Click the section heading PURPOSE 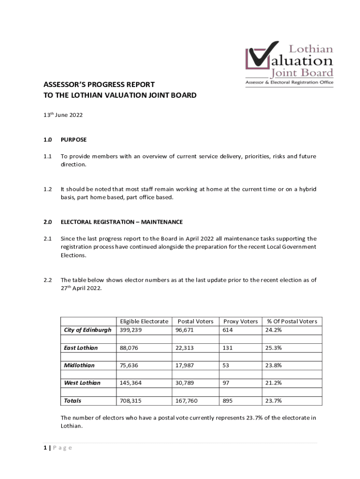point(73,139)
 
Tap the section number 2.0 point(48,222)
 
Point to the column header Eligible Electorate point(144,321)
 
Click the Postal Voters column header point(195,321)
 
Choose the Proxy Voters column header point(240,321)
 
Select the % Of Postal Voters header point(292,321)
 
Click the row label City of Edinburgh point(87,330)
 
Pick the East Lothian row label point(81,348)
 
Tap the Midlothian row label point(79,365)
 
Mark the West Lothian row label point(82,383)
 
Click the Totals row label point(72,401)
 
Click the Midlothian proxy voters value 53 point(226,365)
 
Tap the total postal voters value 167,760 point(187,401)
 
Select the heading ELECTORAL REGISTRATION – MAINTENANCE point(122,222)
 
